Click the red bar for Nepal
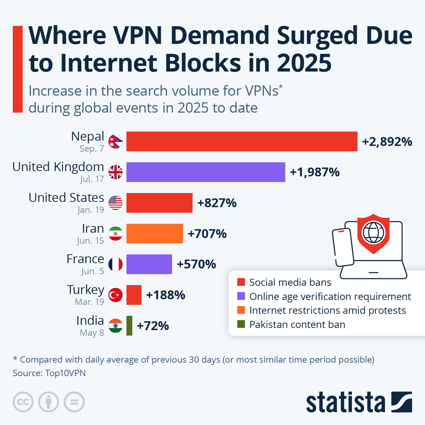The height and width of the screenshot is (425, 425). point(242,141)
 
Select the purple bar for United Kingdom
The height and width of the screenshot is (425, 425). point(205,172)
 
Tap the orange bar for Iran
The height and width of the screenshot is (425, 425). point(154,233)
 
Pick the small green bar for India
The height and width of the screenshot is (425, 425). point(129,325)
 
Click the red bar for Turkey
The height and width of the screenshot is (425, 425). point(134,295)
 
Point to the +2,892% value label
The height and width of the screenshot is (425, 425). point(387,142)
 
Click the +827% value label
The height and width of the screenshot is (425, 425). point(217,203)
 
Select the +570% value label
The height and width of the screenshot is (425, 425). point(196,264)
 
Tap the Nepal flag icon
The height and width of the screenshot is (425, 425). point(115,142)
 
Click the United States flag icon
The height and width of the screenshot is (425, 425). point(115,203)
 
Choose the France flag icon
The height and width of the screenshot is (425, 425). point(115,264)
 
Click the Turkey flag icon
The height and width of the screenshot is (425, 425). point(115,295)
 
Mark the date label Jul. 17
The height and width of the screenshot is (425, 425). point(92,179)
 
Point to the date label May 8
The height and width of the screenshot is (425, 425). point(92,333)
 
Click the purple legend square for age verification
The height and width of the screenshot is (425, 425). point(241,296)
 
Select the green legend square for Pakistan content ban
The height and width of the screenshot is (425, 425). point(241,324)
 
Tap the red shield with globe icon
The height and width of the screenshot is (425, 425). point(373,233)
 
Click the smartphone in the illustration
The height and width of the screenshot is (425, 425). point(343,247)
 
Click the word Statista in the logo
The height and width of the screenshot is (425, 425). point(345,402)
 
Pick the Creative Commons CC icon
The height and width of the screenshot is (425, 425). point(23,402)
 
